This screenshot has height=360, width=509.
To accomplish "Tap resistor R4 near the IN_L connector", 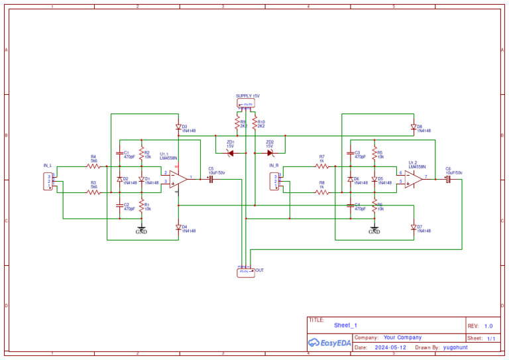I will [93, 166].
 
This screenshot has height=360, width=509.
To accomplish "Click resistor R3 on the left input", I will [93, 192].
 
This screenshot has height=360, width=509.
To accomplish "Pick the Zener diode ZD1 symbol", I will [231, 153].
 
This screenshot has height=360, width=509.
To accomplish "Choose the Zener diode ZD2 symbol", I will [270, 153].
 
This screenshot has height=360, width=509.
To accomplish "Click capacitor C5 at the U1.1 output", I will [211, 179].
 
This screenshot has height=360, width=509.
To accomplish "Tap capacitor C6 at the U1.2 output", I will [448, 179].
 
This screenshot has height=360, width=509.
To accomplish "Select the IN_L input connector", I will [48, 181].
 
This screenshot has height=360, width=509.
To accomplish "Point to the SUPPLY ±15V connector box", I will [246, 103].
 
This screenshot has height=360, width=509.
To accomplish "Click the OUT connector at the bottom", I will [245, 271].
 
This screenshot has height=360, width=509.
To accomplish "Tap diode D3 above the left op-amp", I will [178, 127].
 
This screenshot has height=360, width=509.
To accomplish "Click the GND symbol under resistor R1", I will [141, 229].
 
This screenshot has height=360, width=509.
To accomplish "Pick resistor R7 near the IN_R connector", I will [321, 166].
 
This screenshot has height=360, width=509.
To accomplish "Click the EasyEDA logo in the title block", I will [329, 343].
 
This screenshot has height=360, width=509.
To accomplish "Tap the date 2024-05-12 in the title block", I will [390, 347].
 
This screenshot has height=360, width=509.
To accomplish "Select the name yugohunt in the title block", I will [456, 347].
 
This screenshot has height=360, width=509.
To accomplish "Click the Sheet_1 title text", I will [345, 326].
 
